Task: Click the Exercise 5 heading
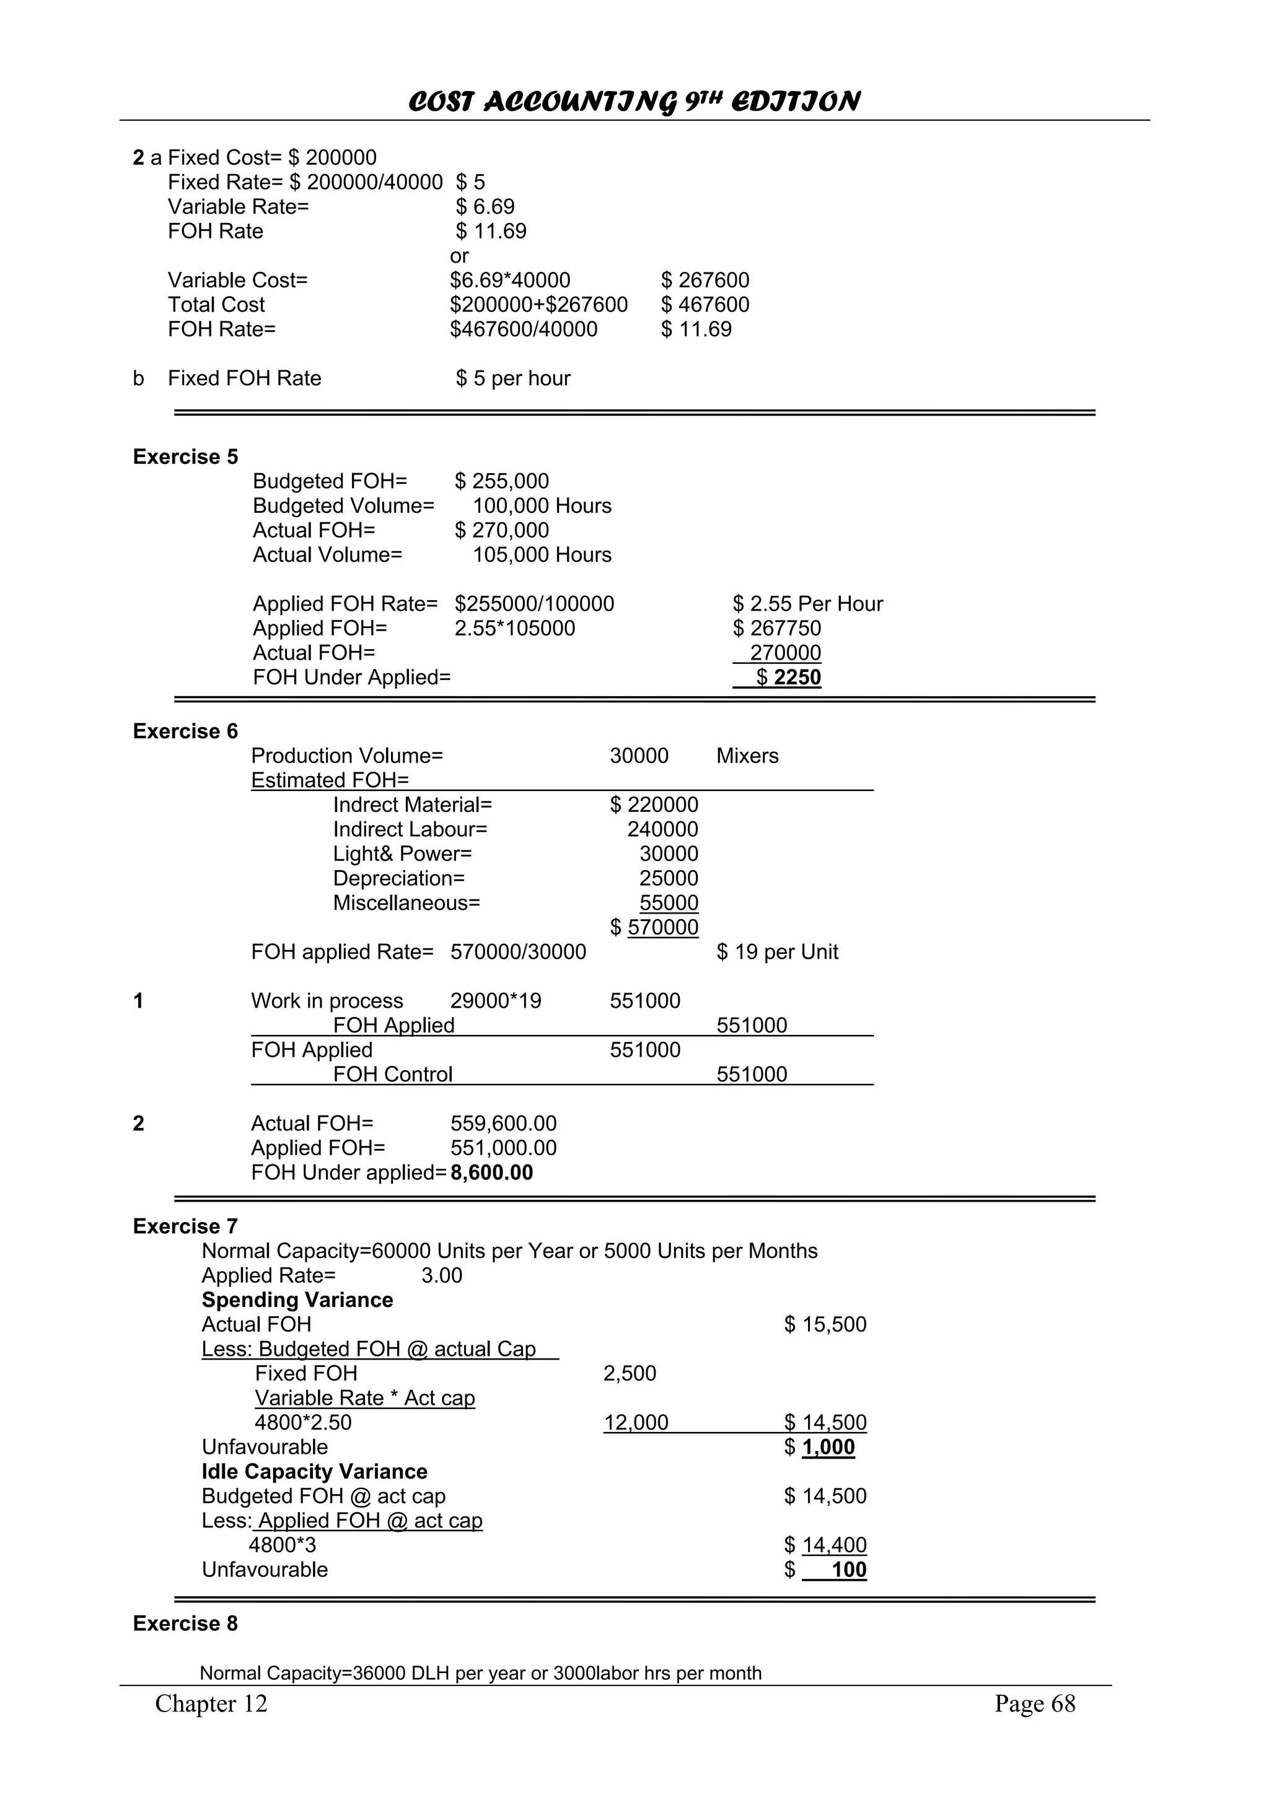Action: point(185,456)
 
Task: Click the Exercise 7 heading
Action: point(185,1226)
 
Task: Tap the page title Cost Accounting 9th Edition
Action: point(634,102)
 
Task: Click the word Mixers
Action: point(747,756)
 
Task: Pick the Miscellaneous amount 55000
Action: point(669,903)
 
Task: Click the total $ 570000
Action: point(654,927)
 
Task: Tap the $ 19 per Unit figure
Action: point(777,951)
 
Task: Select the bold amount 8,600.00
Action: point(492,1173)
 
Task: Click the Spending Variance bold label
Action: point(297,1299)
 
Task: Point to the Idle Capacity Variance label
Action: point(314,1471)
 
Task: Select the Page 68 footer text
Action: point(1034,1703)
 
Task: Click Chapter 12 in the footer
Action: point(211,1703)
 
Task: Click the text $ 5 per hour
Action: point(513,378)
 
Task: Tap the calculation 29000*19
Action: point(496,1001)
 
